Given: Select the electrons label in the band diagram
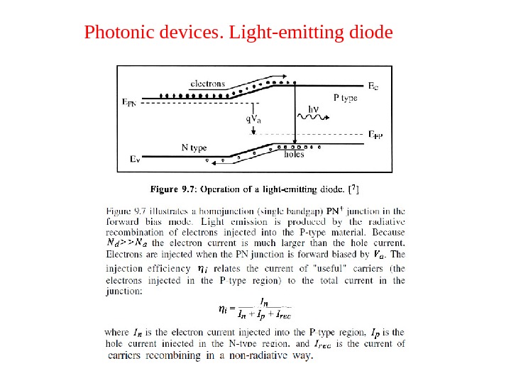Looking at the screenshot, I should coord(208,83).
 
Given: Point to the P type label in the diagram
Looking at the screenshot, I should coord(346,99).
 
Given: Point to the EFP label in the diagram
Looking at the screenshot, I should coord(375,133).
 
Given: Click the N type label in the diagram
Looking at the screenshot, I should coord(194,148).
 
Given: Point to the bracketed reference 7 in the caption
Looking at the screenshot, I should coord(356,189).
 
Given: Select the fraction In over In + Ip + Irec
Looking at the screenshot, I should coord(265,309).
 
